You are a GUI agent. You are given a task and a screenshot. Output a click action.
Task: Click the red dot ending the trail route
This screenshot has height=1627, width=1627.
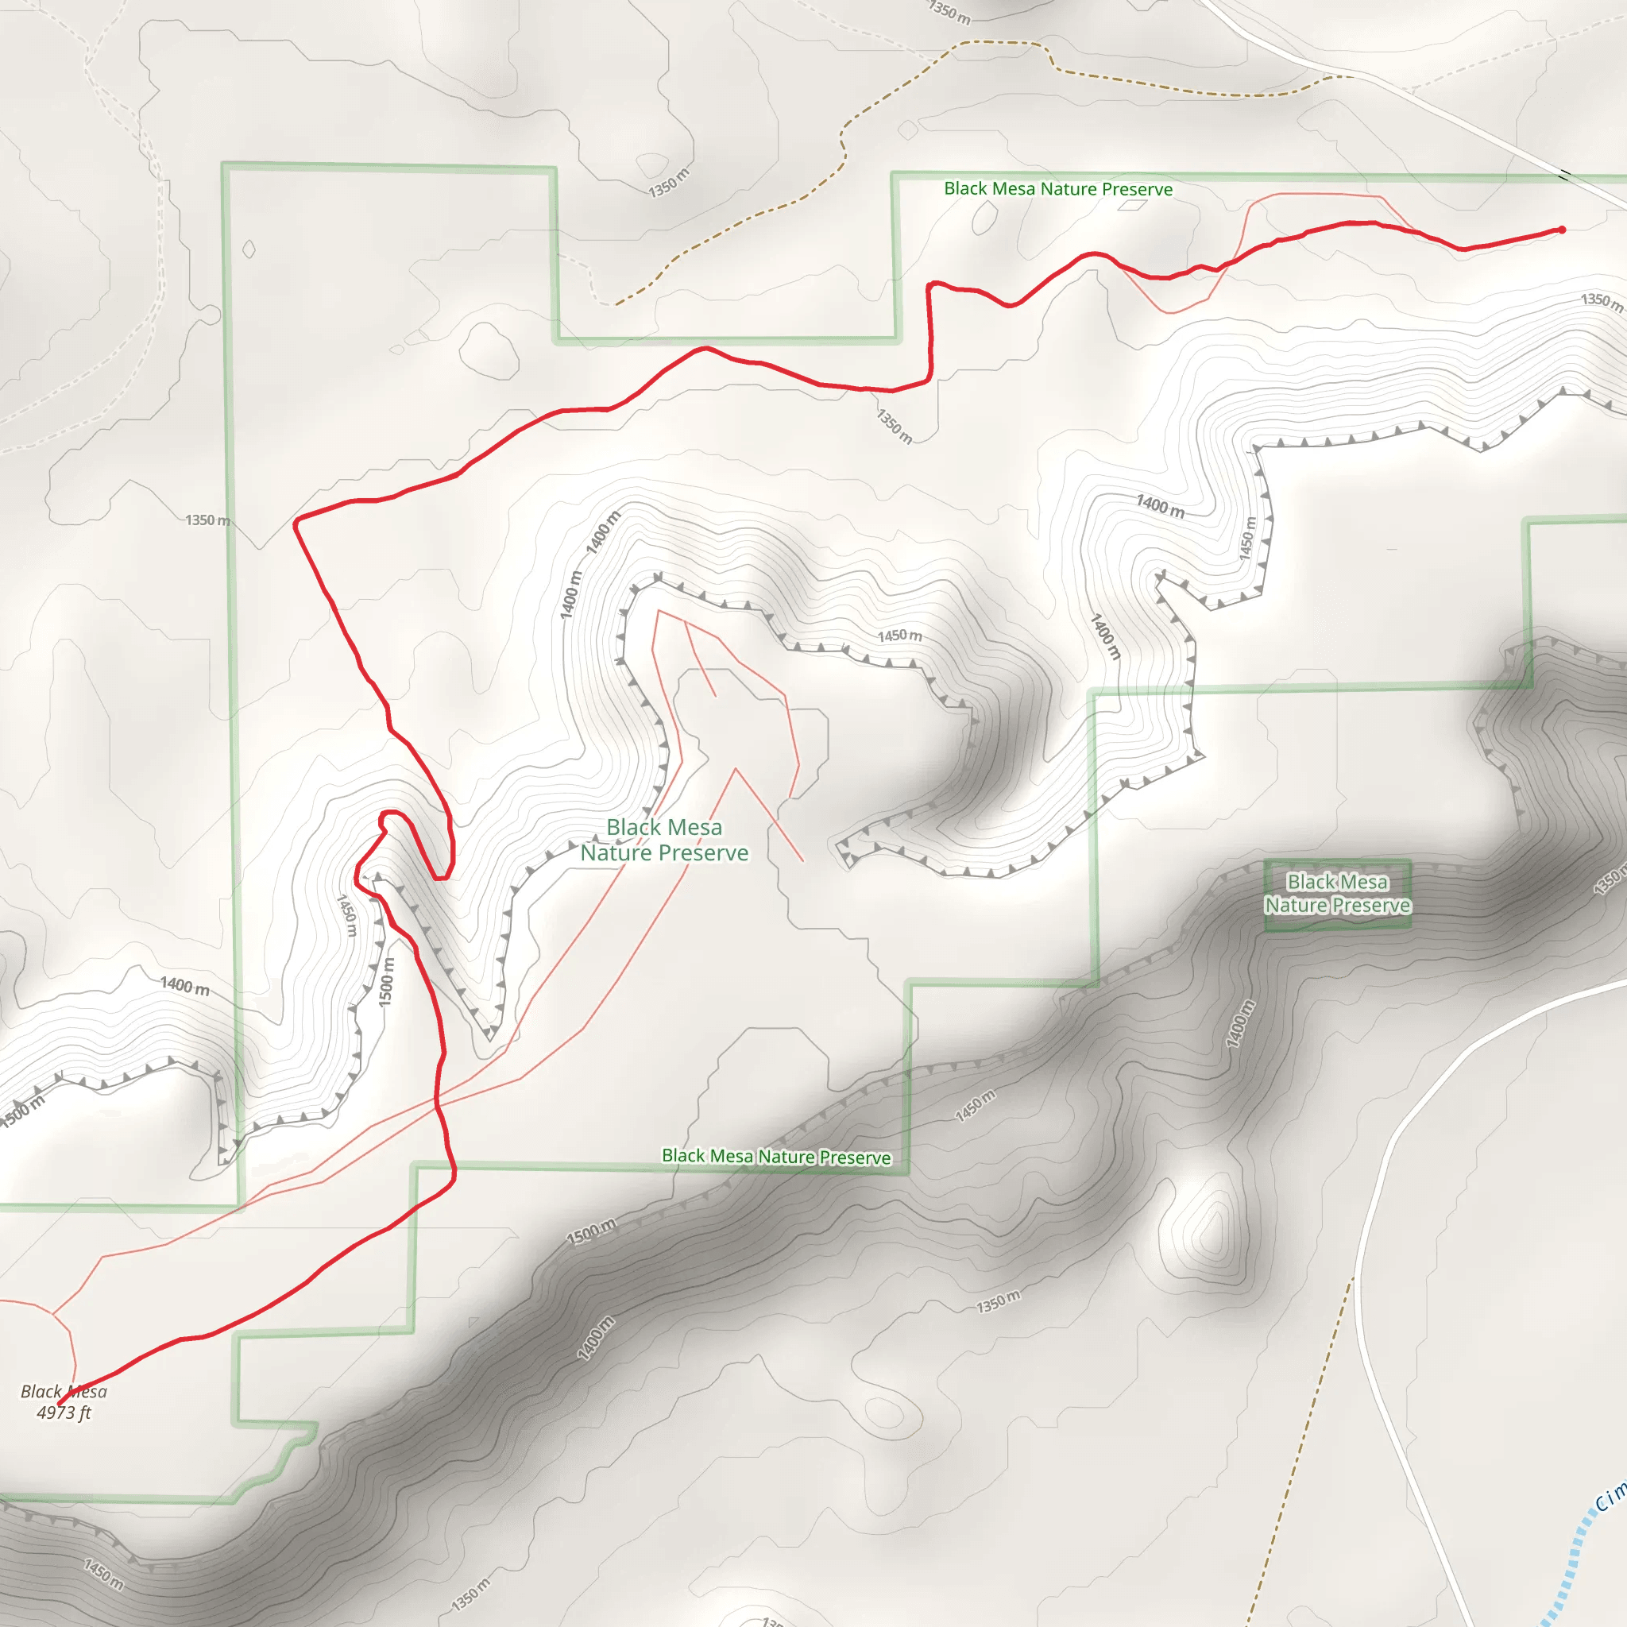coord(1561,229)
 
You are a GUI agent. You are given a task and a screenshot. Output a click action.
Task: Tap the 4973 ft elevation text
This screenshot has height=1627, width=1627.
coord(64,1413)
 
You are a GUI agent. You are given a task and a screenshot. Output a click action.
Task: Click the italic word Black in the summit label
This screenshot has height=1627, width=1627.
coord(41,1391)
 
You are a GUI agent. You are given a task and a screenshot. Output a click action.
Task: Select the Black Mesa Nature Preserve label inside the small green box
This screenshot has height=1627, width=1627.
coord(1337,894)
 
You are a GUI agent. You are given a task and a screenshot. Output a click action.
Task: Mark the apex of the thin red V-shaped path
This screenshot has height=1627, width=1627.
coord(735,768)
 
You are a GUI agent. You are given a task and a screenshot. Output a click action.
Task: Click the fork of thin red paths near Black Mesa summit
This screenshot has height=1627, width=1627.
coord(53,1314)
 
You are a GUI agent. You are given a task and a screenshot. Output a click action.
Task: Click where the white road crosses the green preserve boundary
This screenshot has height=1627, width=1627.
coord(1565,176)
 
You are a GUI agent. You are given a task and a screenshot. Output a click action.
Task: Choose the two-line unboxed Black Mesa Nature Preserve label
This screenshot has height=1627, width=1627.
coord(664,840)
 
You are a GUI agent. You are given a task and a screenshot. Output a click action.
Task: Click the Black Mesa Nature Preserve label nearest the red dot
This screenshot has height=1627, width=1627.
coord(1057,188)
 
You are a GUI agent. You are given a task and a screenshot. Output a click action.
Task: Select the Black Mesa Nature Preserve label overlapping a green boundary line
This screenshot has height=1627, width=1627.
coord(775,1156)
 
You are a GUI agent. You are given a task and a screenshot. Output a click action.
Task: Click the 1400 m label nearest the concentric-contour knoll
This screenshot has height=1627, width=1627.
coord(1239,1024)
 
